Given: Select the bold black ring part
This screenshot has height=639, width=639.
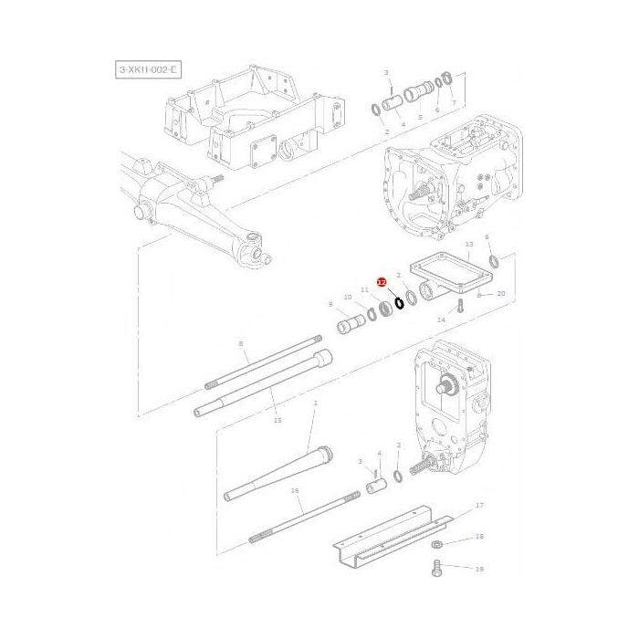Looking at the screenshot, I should [x=399, y=302].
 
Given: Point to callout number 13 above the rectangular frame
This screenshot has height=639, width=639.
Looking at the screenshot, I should [x=468, y=246].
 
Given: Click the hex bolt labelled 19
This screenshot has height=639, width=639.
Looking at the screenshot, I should [x=435, y=571].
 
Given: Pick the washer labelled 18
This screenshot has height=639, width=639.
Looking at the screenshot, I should [x=436, y=544].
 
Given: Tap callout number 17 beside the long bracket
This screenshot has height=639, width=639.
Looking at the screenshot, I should [x=479, y=505].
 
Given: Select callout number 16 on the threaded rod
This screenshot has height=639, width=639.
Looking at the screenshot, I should [x=295, y=490].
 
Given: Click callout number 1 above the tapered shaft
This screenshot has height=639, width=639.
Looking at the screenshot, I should [x=315, y=403].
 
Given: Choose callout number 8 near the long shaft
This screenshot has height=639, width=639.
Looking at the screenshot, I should [x=241, y=343].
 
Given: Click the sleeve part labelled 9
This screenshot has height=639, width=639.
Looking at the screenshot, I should [x=351, y=324].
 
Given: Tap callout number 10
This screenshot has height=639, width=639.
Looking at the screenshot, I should [x=348, y=298].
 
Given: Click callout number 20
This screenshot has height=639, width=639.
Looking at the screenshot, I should [x=500, y=294].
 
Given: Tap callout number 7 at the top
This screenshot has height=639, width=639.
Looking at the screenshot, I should [x=453, y=103].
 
